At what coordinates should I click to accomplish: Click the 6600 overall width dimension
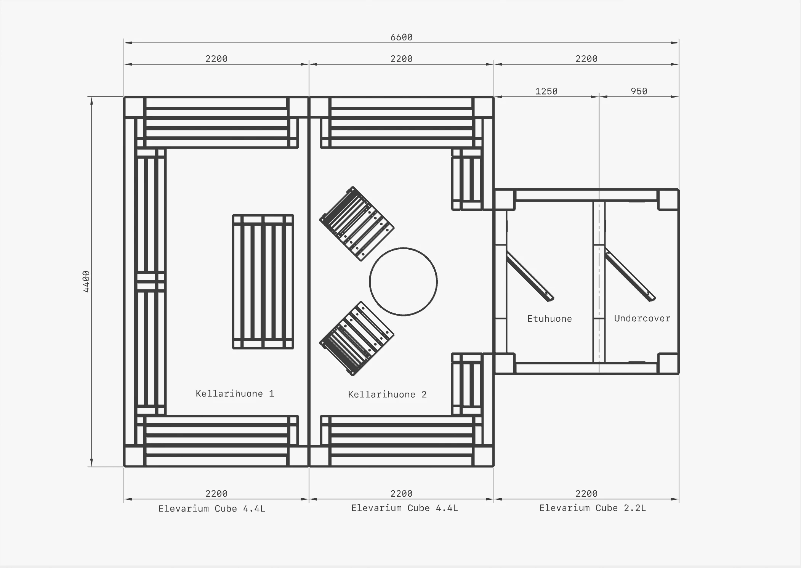point(401,37)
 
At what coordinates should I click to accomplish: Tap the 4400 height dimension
point(86,282)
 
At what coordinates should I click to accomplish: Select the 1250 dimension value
point(546,91)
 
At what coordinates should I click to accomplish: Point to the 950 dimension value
point(639,91)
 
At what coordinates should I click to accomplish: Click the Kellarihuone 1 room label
point(235,393)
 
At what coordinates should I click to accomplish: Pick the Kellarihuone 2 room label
point(387,394)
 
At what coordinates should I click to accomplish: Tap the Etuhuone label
point(549,319)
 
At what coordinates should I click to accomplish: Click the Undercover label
point(642,318)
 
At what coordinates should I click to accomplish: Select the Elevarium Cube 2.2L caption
point(592,508)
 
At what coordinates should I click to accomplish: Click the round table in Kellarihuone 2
point(403,248)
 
